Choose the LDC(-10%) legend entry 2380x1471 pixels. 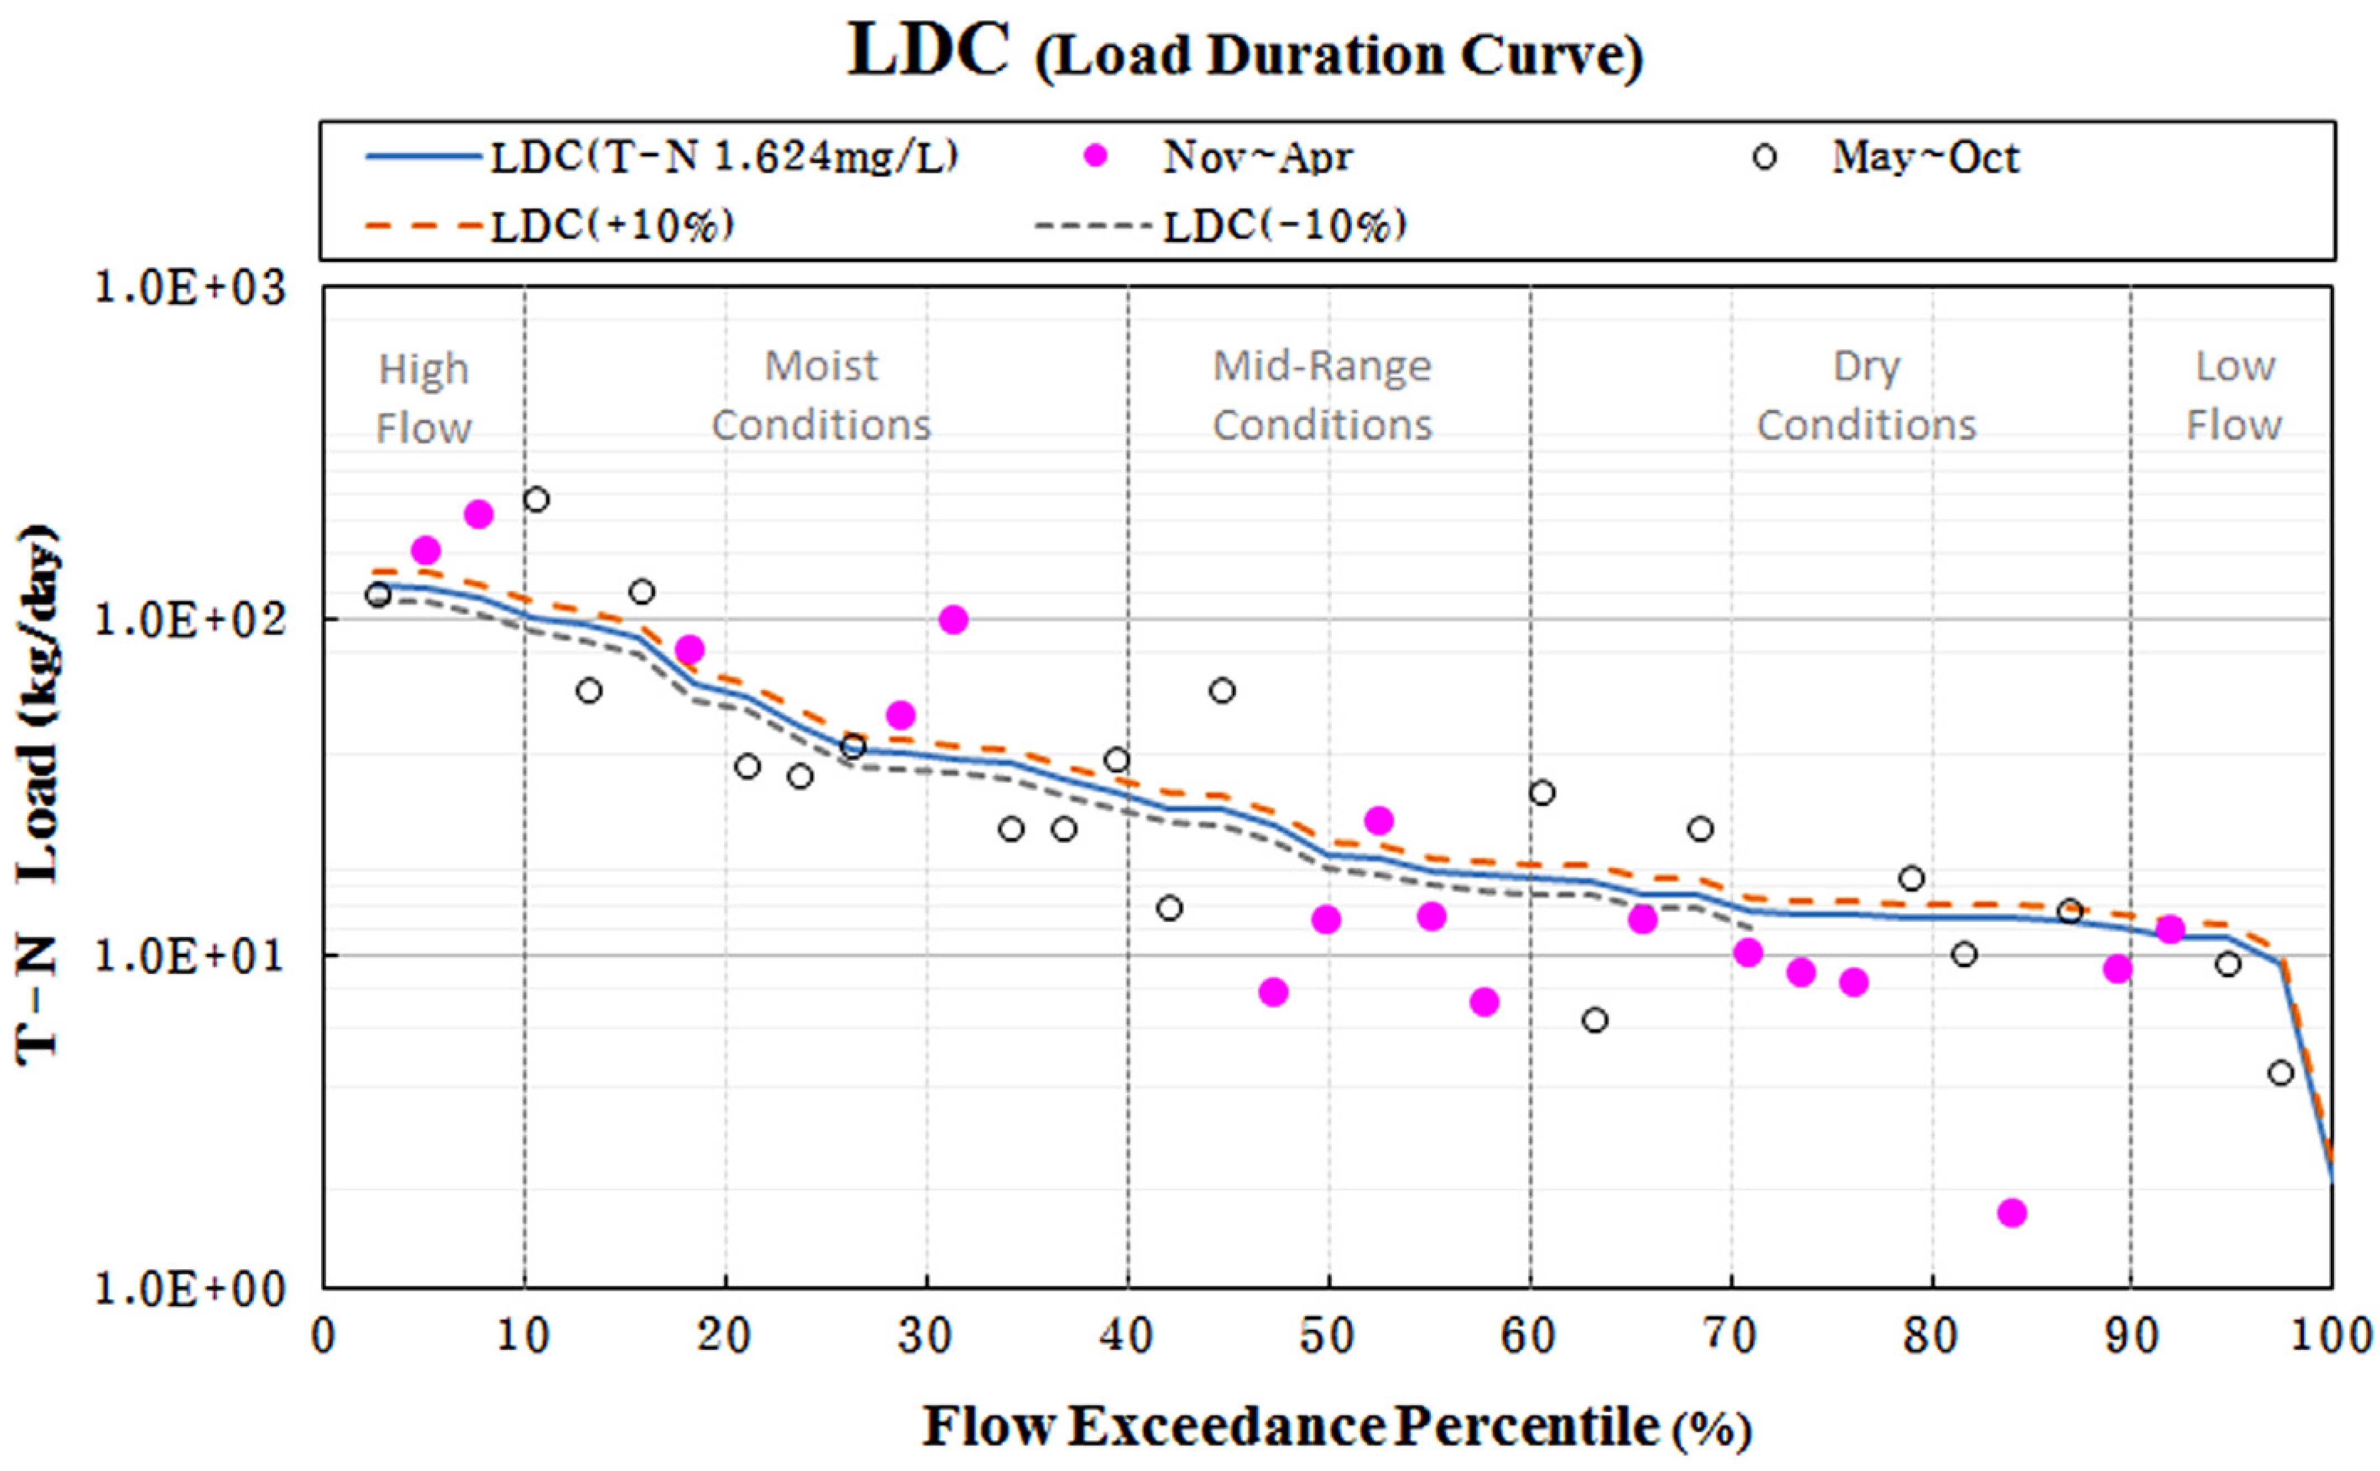(1284, 225)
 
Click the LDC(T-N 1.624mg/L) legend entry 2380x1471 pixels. (724, 157)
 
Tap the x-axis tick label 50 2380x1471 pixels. (1328, 1337)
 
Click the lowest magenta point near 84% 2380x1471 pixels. (2011, 1212)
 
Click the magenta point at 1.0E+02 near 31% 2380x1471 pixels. (953, 620)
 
